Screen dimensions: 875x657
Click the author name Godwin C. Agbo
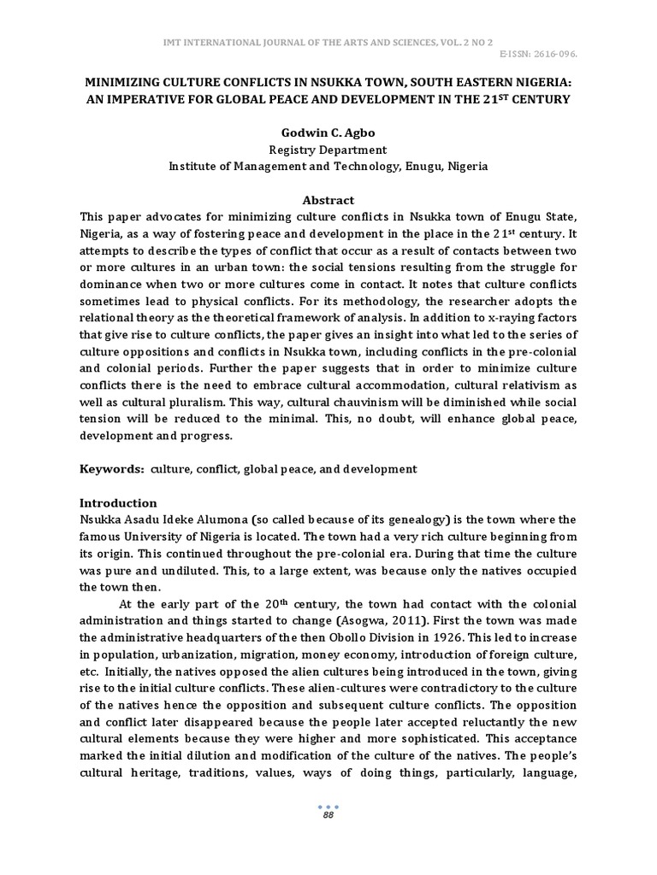tap(328, 133)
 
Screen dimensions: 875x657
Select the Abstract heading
tap(328, 199)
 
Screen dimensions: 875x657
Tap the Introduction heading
tap(118, 502)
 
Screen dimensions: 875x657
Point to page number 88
tap(328, 816)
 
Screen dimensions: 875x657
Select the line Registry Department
tap(328, 150)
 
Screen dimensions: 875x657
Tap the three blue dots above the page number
tap(328, 805)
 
